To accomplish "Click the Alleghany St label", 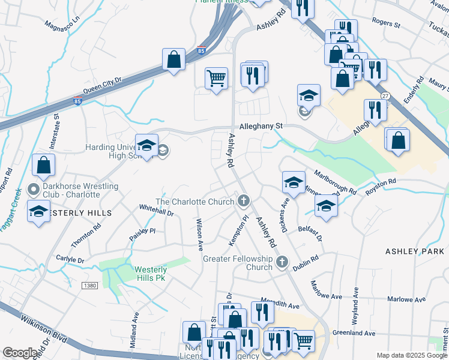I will pyautogui.click(x=261, y=127).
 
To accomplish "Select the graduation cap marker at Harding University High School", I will pyautogui.click(x=146, y=145).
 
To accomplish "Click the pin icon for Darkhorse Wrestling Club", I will pyautogui.click(x=34, y=190).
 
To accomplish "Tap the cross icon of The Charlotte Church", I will pyautogui.click(x=243, y=200).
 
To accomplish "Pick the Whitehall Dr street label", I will pyautogui.click(x=156, y=211).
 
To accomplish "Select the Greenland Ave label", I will pyautogui.click(x=354, y=333).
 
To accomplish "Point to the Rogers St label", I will pyautogui.click(x=385, y=23).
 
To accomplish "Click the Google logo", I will pyautogui.click(x=20, y=353).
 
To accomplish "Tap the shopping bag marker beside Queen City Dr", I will pyautogui.click(x=173, y=60).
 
